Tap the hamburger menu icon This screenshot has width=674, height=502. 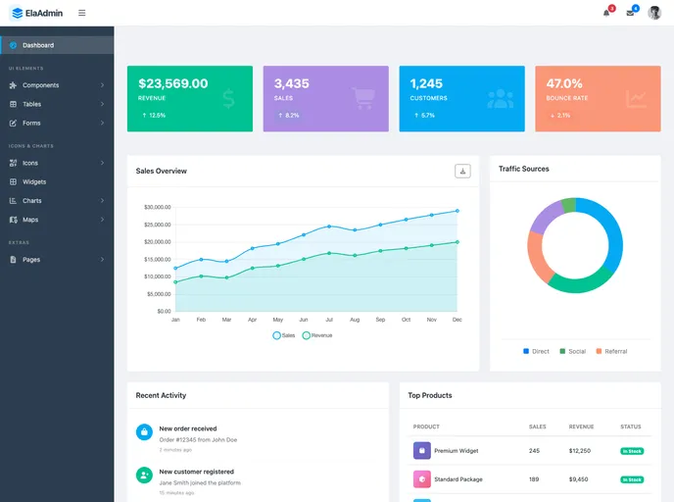81,13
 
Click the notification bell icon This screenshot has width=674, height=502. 606,13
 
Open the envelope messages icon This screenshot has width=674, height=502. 630,13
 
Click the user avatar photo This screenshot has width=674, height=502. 654,13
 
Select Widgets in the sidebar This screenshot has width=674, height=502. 34,181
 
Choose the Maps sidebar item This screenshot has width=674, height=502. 30,220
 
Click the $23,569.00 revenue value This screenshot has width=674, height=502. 173,83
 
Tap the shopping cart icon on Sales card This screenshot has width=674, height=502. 363,98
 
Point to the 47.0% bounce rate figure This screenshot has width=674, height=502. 564,83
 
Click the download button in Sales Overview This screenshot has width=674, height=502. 462,171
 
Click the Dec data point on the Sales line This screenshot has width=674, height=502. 457,211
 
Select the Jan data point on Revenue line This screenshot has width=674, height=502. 175,282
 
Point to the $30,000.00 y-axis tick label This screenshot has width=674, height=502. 157,207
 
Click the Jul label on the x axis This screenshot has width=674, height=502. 329,320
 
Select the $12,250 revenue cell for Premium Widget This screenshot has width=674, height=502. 579,451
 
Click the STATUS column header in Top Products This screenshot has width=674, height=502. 630,427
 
